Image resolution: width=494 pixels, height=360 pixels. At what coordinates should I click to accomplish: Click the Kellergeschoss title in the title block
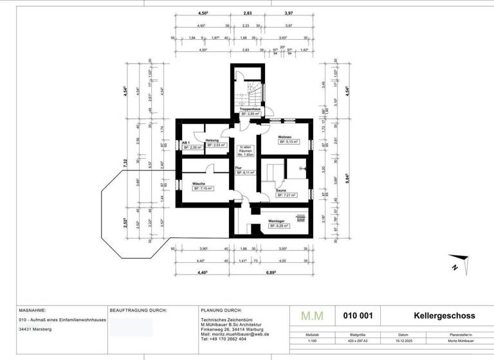coord(444,316)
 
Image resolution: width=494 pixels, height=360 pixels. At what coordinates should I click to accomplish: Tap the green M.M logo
coord(313,316)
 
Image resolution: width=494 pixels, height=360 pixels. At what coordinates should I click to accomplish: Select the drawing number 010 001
coord(358,316)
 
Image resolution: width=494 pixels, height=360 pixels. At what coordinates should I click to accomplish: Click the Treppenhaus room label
coord(250,109)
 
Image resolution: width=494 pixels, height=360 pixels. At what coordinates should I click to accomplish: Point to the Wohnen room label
coord(285,138)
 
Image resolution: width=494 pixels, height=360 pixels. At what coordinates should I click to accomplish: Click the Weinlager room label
coord(276,222)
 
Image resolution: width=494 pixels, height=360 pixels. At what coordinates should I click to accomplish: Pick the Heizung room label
coord(212,140)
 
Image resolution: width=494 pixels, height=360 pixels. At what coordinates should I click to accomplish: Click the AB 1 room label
coord(185,142)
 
